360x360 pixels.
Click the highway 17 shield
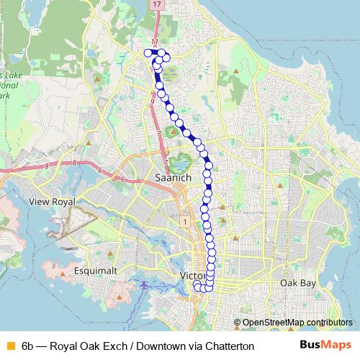click(x=156, y=4)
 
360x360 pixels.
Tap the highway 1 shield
click(x=185, y=220)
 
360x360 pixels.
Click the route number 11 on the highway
click(x=154, y=42)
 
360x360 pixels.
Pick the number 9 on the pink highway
click(x=153, y=103)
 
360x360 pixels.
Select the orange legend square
click(x=9, y=346)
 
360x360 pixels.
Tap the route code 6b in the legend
click(x=28, y=346)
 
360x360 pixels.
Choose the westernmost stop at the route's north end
click(x=148, y=52)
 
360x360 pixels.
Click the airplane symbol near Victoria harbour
click(x=145, y=285)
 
